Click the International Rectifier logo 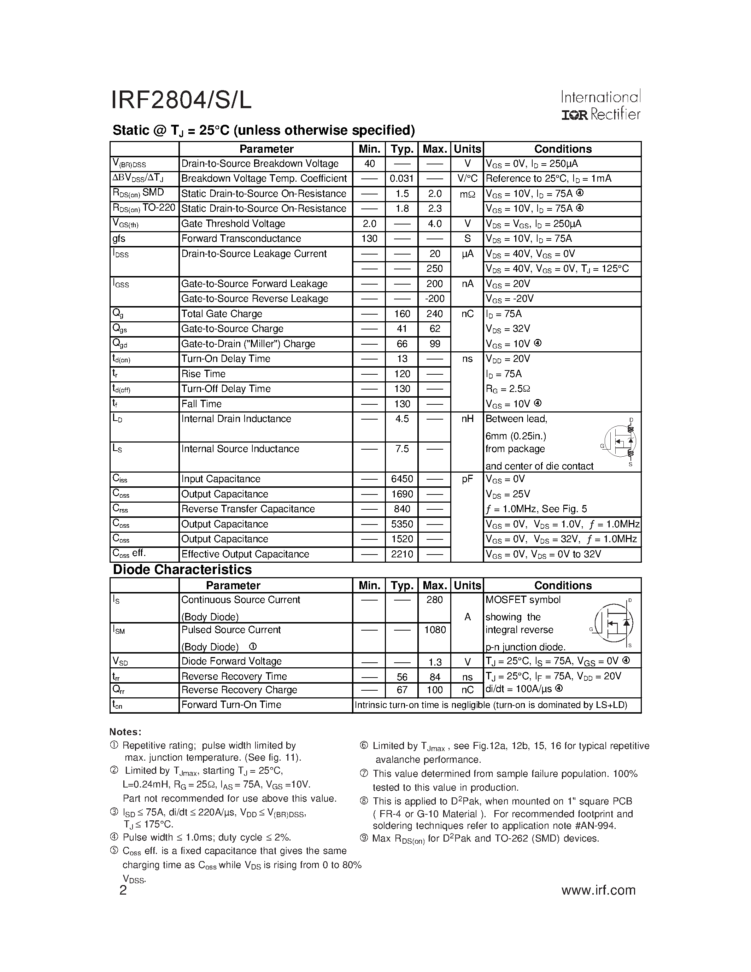click(x=600, y=105)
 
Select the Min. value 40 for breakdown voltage click(x=369, y=164)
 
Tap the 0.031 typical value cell click(x=401, y=179)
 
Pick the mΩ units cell click(x=467, y=194)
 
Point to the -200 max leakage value click(x=434, y=299)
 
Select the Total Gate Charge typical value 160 click(x=402, y=314)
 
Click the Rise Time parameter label click(x=203, y=374)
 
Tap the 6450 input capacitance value click(x=402, y=479)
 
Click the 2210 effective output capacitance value click(x=402, y=554)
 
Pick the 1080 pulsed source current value click(x=434, y=630)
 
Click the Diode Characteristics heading click(x=182, y=570)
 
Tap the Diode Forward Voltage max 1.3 click(x=435, y=662)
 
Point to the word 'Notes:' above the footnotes click(x=125, y=732)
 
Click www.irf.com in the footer click(x=598, y=890)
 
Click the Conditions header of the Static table click(x=562, y=149)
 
